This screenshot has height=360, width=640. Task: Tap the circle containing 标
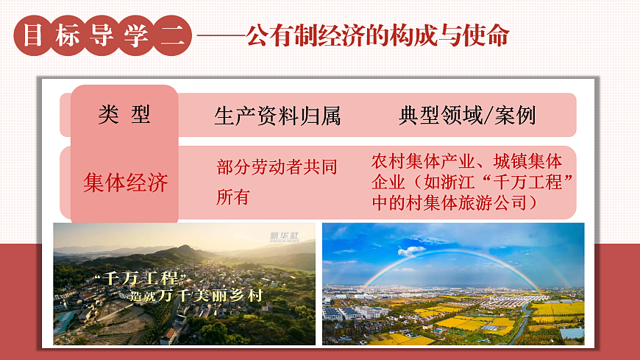(x=68, y=35)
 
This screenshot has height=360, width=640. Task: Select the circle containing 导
(x=102, y=35)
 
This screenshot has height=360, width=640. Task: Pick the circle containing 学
(x=137, y=35)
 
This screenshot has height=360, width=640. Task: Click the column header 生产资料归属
(x=277, y=116)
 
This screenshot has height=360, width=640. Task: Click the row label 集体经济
(x=126, y=182)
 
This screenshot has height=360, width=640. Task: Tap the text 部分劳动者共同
(x=277, y=168)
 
